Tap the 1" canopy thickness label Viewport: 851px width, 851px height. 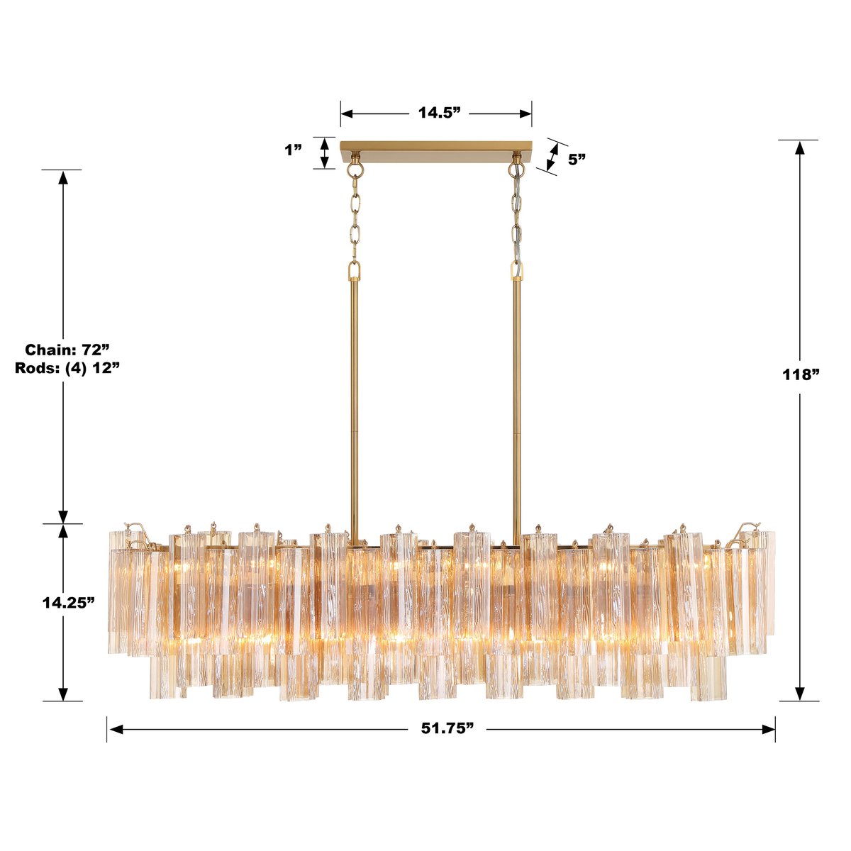point(294,150)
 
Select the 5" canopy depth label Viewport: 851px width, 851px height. point(577,159)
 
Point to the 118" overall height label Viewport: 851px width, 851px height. point(800,374)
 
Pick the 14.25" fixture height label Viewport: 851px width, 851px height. point(68,602)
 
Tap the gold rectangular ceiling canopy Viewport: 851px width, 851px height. point(436,153)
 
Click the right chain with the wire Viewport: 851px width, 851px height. point(516,220)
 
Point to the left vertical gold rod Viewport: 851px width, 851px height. point(353,397)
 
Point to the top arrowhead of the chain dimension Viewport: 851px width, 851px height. point(63,177)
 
